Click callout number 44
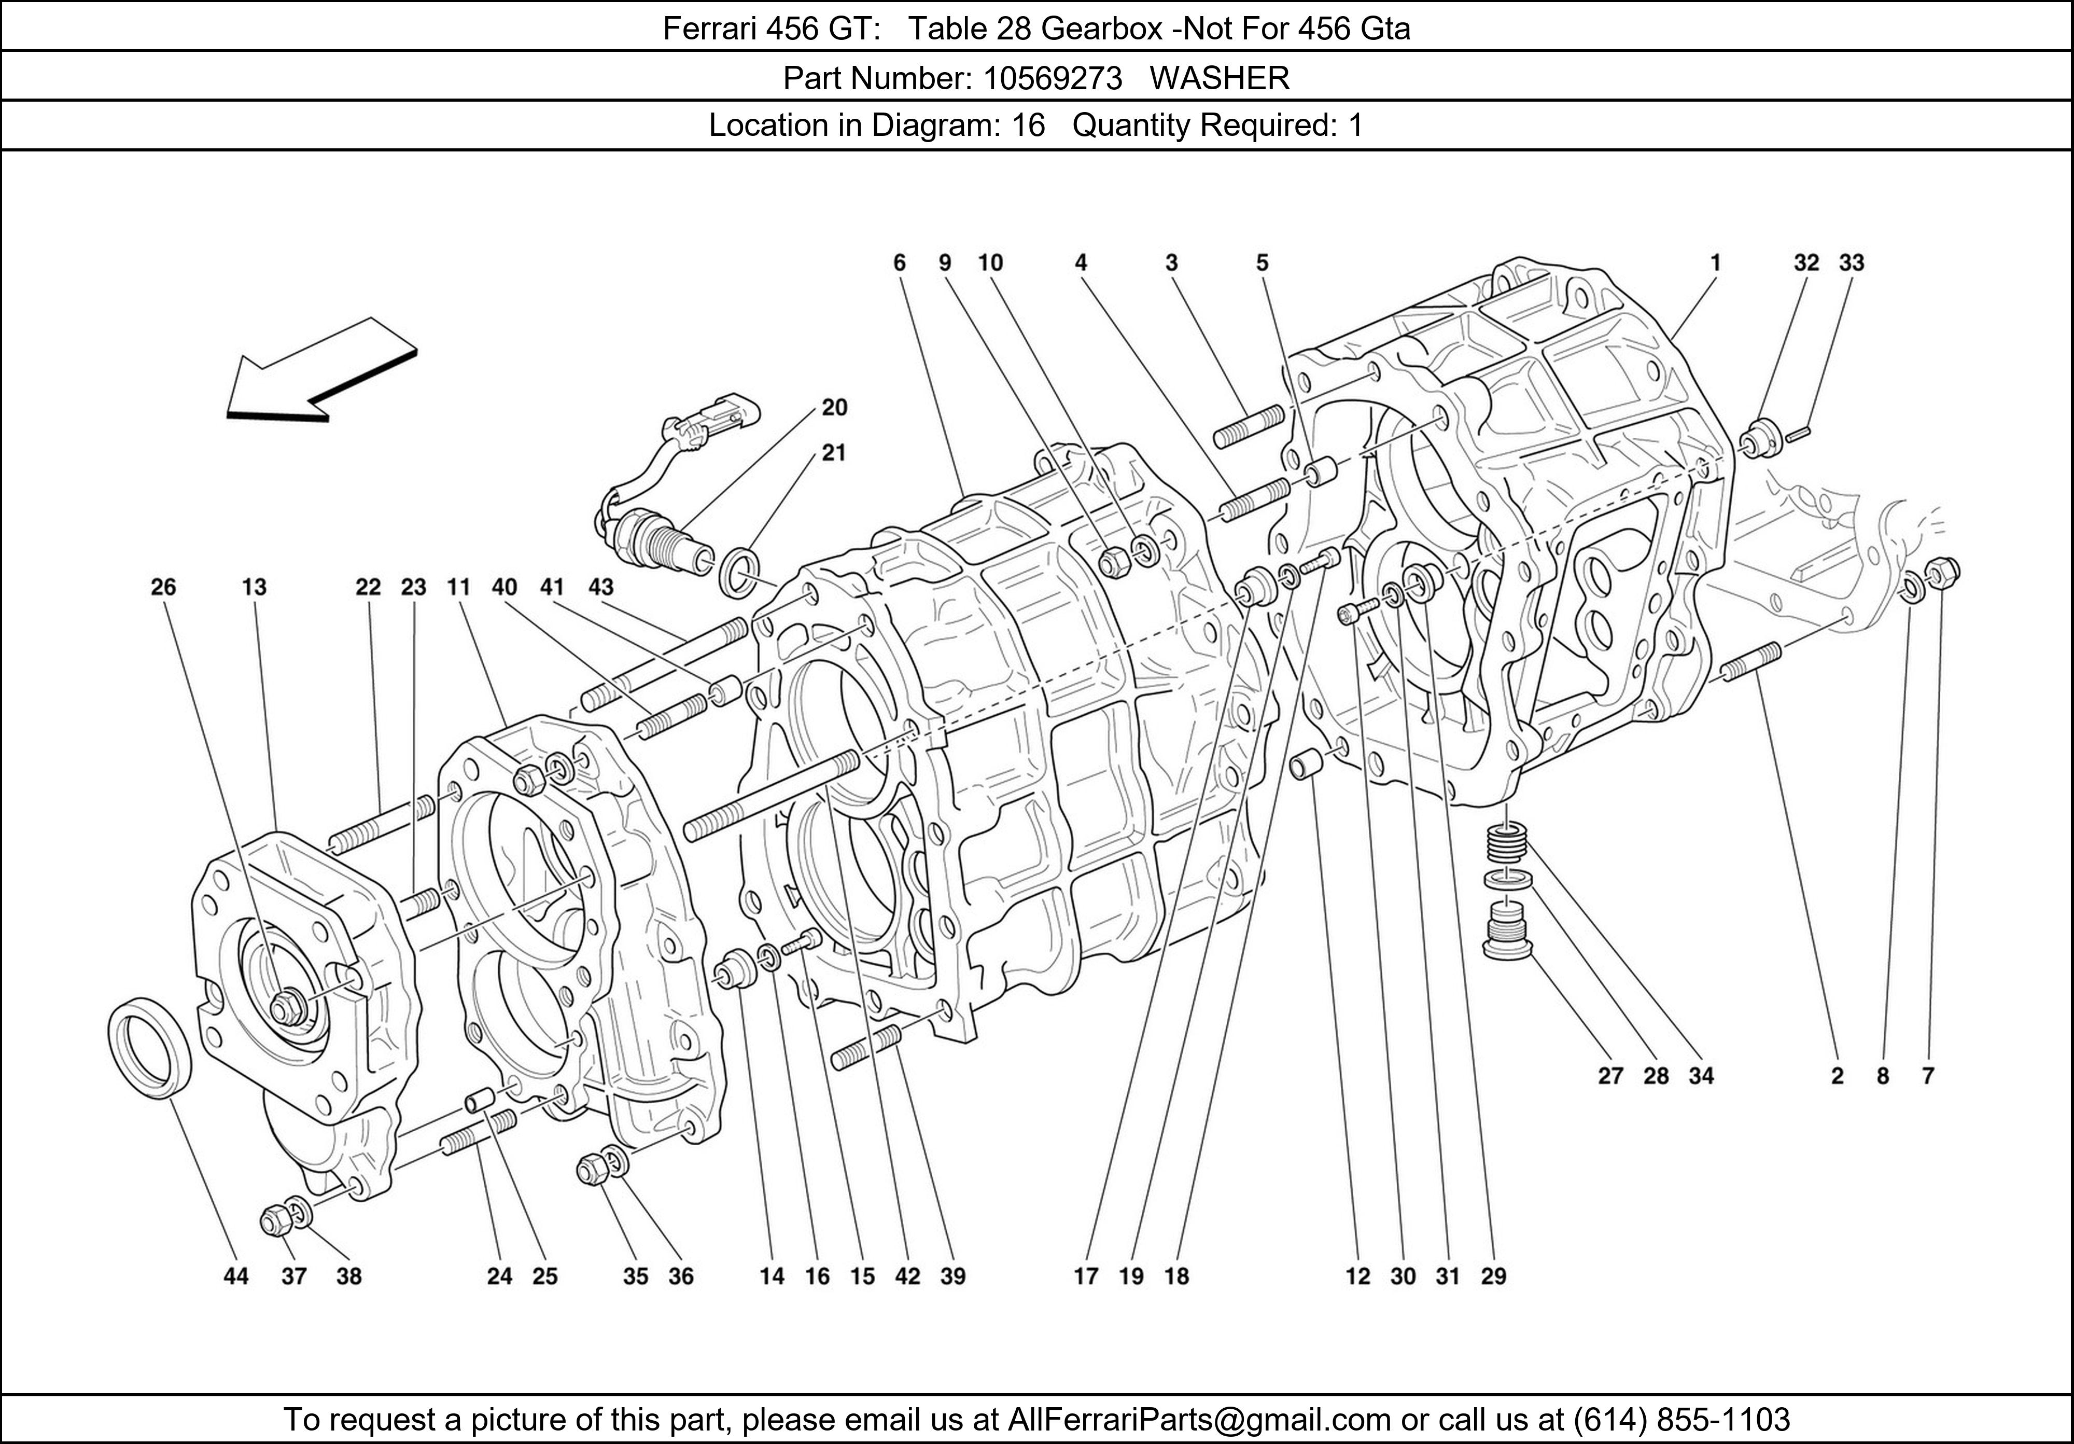coord(236,1276)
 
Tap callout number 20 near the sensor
coord(834,408)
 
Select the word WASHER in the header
coord(1220,79)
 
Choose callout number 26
coord(163,587)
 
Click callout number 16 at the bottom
coord(817,1276)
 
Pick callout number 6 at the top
coord(899,263)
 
